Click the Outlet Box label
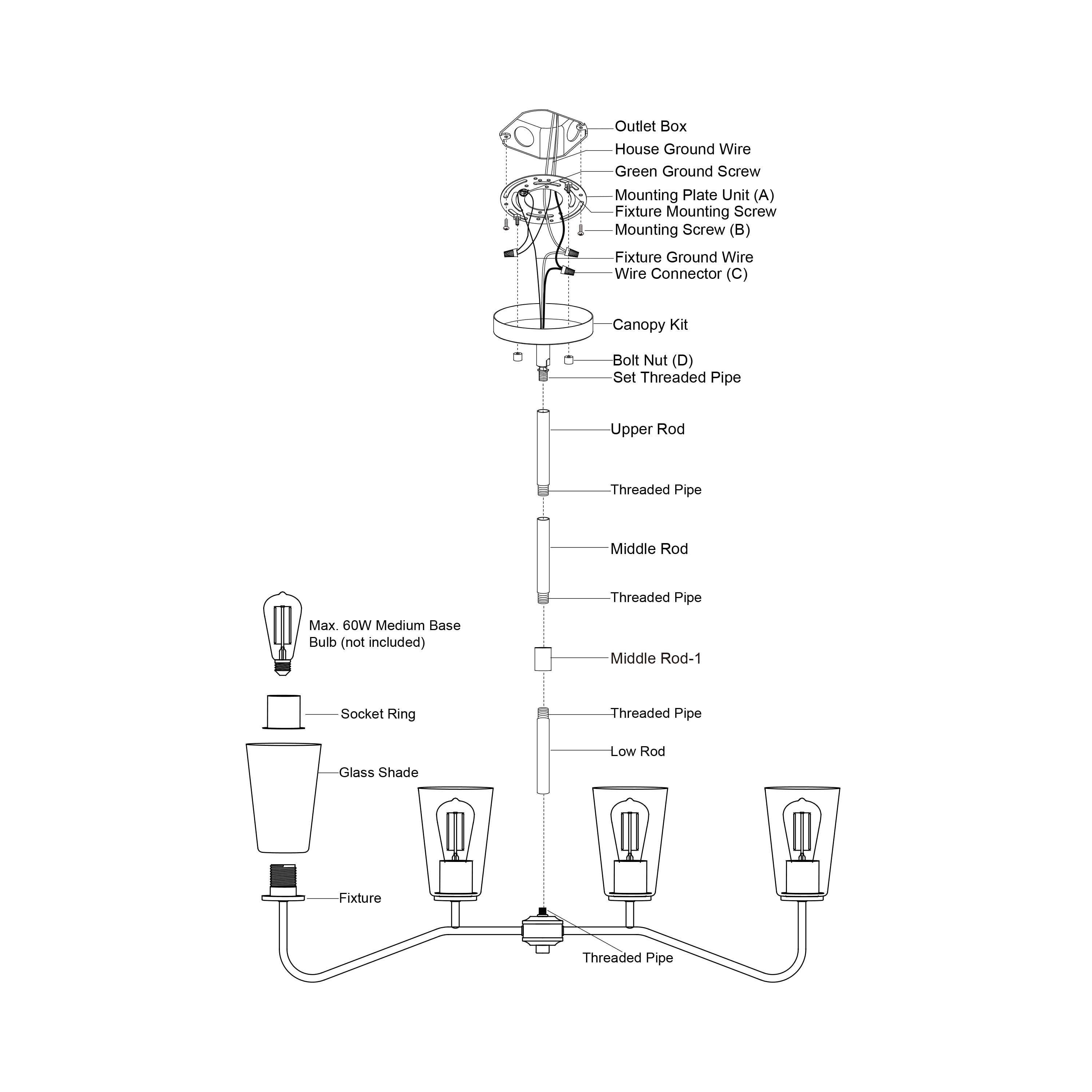pyautogui.click(x=650, y=127)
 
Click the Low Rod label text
pyautogui.click(x=638, y=752)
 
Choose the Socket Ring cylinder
pyautogui.click(x=283, y=712)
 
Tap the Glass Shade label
pyautogui.click(x=378, y=773)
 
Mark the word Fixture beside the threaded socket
pyautogui.click(x=360, y=898)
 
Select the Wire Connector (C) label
pyautogui.click(x=681, y=274)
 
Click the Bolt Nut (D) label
pyautogui.click(x=652, y=361)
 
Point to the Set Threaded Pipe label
pyautogui.click(x=677, y=377)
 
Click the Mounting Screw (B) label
pyautogui.click(x=682, y=230)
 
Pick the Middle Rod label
pyautogui.click(x=649, y=549)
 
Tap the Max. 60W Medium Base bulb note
pyautogui.click(x=384, y=634)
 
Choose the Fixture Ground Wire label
pyautogui.click(x=684, y=257)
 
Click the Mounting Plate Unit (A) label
pyautogui.click(x=694, y=195)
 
